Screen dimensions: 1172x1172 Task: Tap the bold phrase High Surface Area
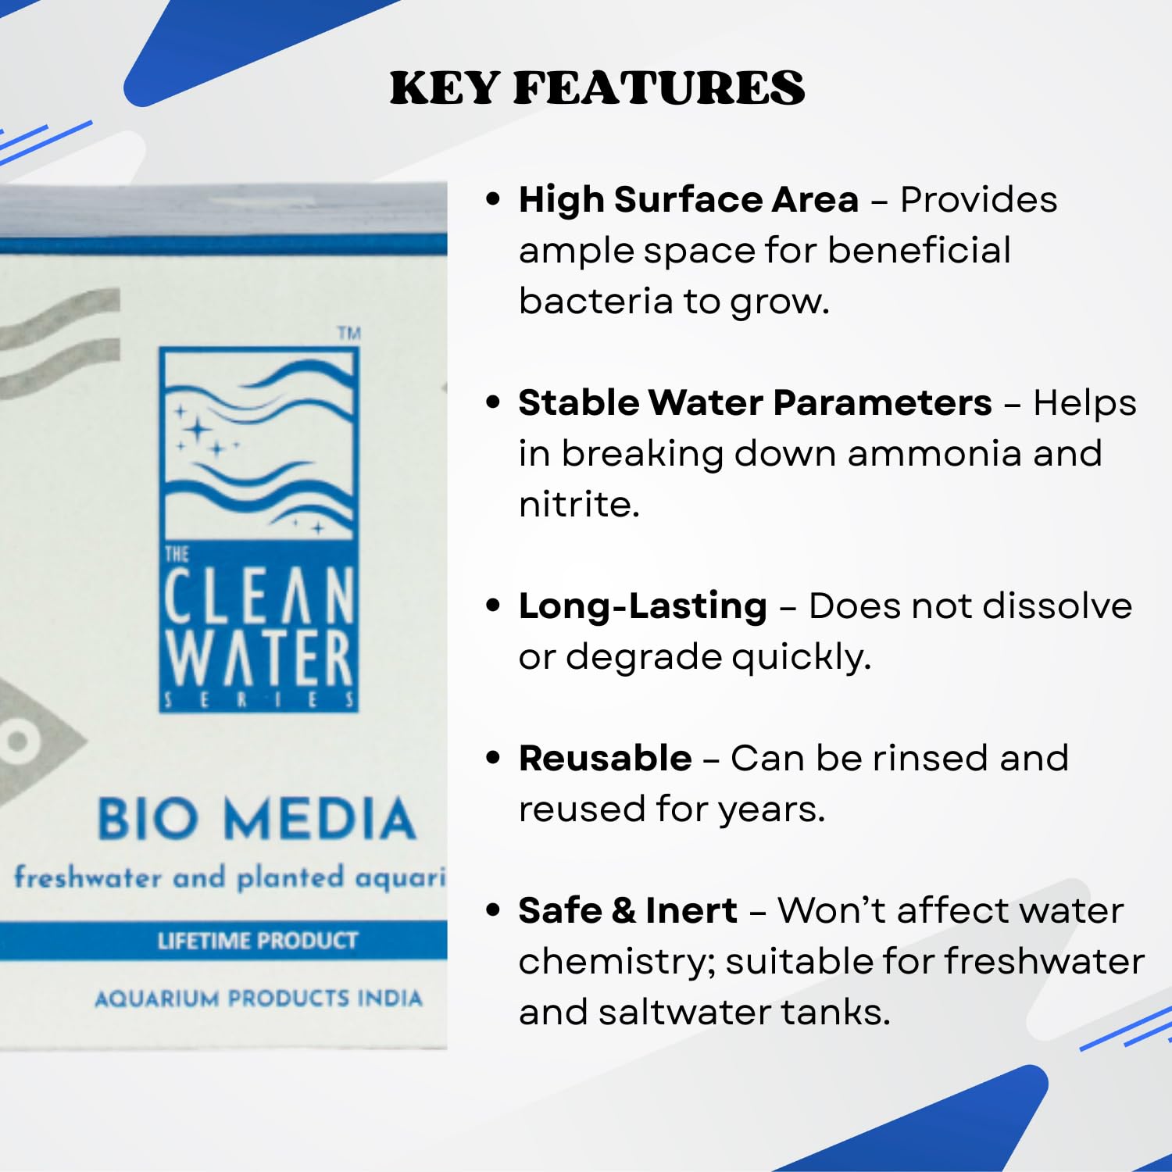[x=688, y=199]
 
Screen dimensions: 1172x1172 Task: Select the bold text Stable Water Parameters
[x=755, y=402]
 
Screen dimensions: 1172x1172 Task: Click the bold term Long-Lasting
[x=642, y=606]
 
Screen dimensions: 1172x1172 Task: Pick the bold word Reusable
[x=605, y=758]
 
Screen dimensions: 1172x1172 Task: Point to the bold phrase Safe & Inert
[x=627, y=910]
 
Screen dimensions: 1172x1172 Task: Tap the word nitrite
[x=578, y=504]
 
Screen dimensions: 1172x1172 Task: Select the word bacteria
[x=595, y=301]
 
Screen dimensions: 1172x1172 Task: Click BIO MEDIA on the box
[x=256, y=819]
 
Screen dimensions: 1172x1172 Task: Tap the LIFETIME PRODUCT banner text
[x=257, y=940]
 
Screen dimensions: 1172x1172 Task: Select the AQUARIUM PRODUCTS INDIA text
[x=258, y=999]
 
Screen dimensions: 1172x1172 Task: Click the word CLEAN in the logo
[x=259, y=596]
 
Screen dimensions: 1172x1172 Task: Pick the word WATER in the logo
[x=259, y=659]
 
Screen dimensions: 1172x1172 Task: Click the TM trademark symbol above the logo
[x=349, y=334]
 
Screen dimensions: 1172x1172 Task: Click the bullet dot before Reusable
[x=492, y=758]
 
